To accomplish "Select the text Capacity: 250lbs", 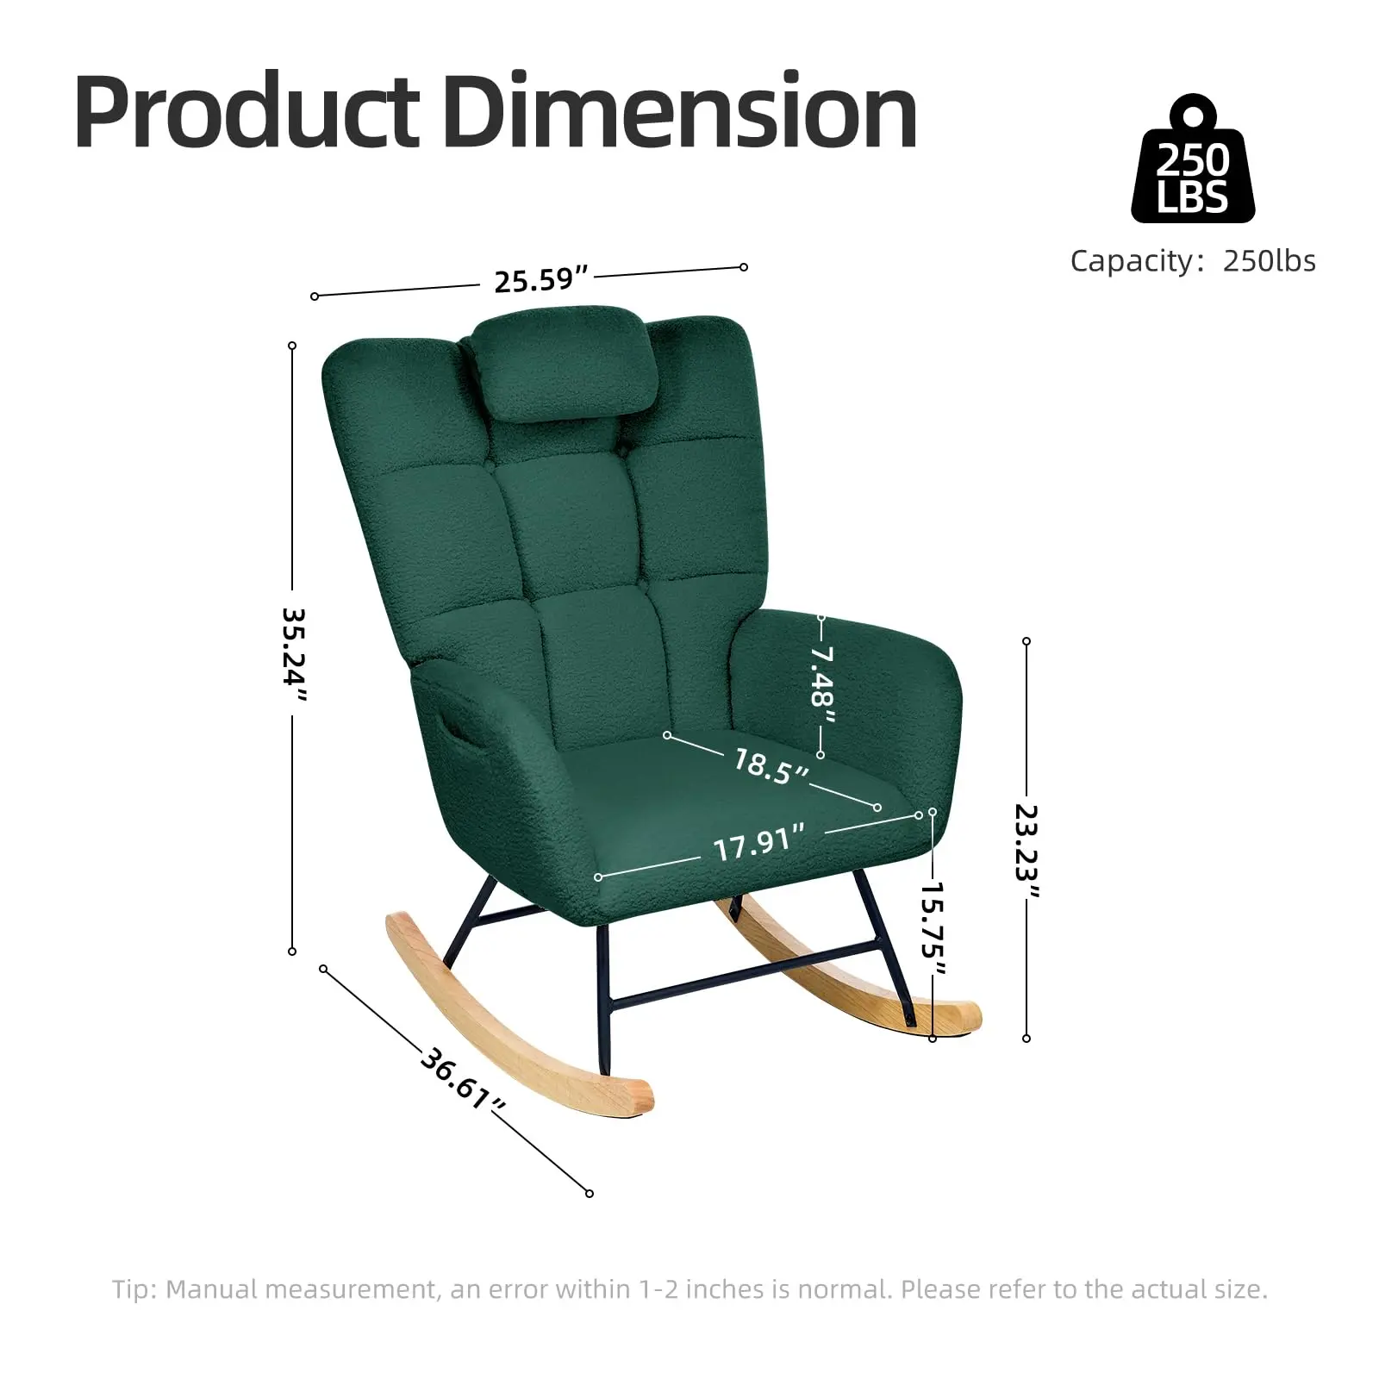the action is click(x=1193, y=260).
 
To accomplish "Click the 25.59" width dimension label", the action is click(x=541, y=279).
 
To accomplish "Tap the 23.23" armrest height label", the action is click(x=1026, y=852).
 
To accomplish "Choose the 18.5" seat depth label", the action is click(x=771, y=765).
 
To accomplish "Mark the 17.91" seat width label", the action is click(x=759, y=842).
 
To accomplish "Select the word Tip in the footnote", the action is click(x=132, y=1289).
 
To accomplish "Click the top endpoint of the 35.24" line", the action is click(x=292, y=346).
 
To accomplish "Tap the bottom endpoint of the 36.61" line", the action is click(x=590, y=1194).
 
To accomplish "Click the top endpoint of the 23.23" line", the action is click(x=1026, y=641).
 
